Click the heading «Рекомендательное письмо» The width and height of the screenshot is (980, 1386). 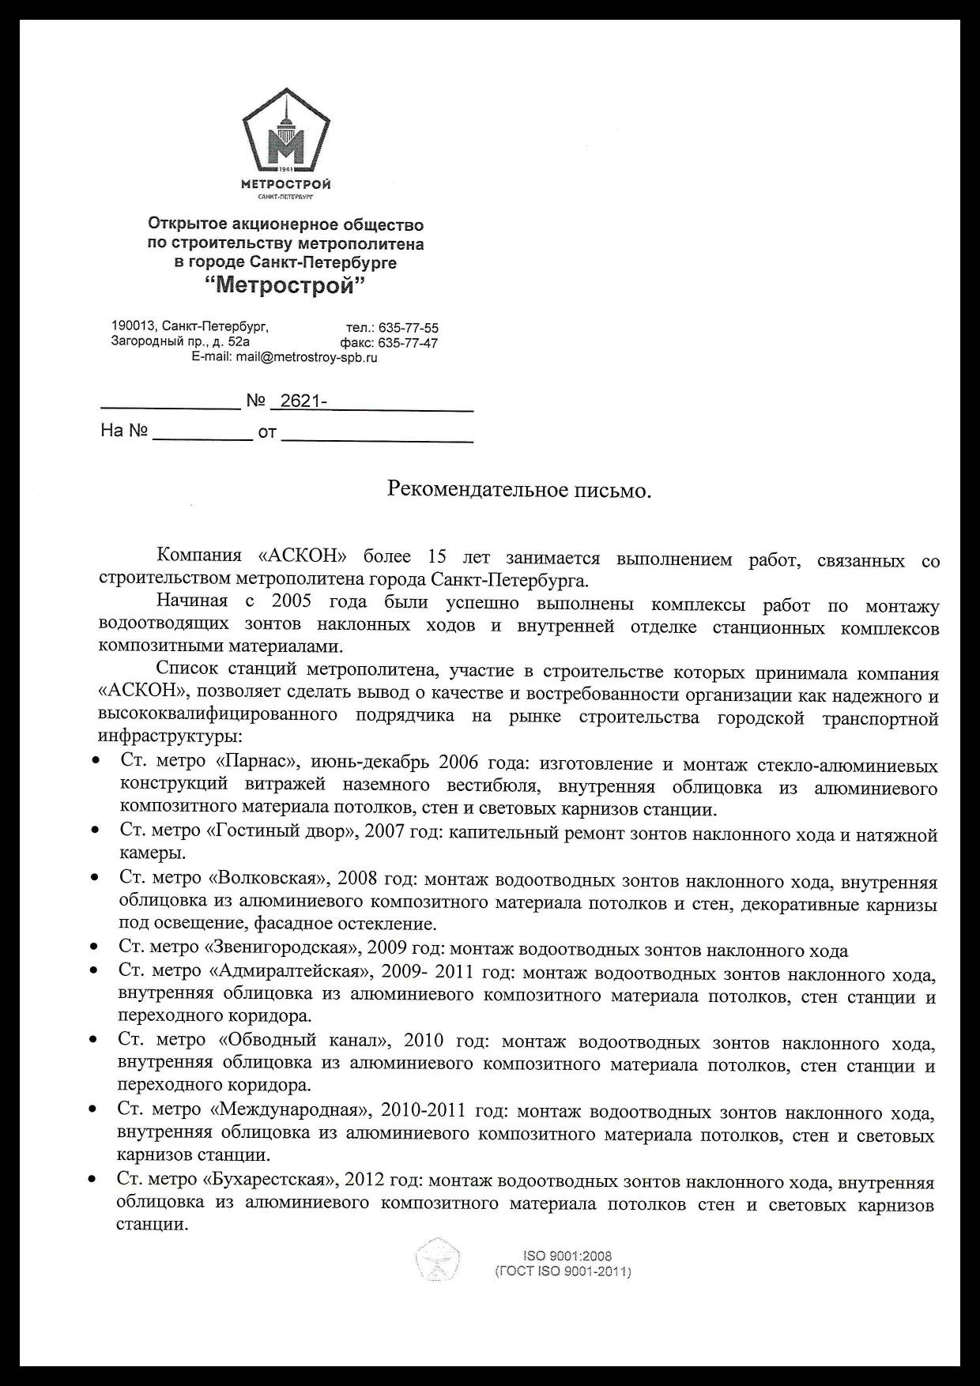coord(519,490)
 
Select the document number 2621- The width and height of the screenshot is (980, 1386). coord(303,401)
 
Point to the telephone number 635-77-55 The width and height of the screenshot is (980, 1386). coord(409,328)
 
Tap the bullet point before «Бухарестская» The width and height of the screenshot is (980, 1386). coord(92,1179)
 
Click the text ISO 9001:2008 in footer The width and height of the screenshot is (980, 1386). coord(567,1256)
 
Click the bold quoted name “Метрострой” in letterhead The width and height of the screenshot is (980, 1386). coord(285,286)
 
